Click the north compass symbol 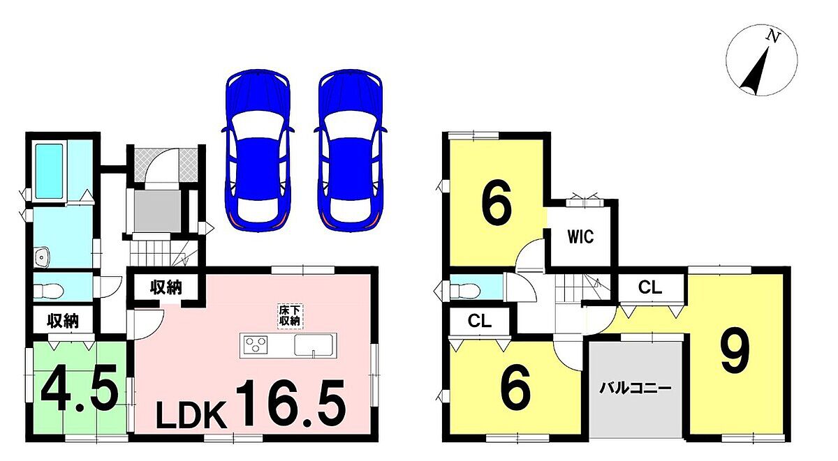[761, 60]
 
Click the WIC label [580, 236]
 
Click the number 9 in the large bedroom [735, 350]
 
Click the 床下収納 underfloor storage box [290, 316]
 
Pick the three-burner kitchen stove [256, 345]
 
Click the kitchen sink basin [313, 345]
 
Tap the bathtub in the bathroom [50, 172]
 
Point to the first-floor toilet [48, 290]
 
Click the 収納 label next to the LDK [166, 287]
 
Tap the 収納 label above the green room [63, 321]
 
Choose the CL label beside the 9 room [650, 287]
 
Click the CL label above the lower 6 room [480, 321]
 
